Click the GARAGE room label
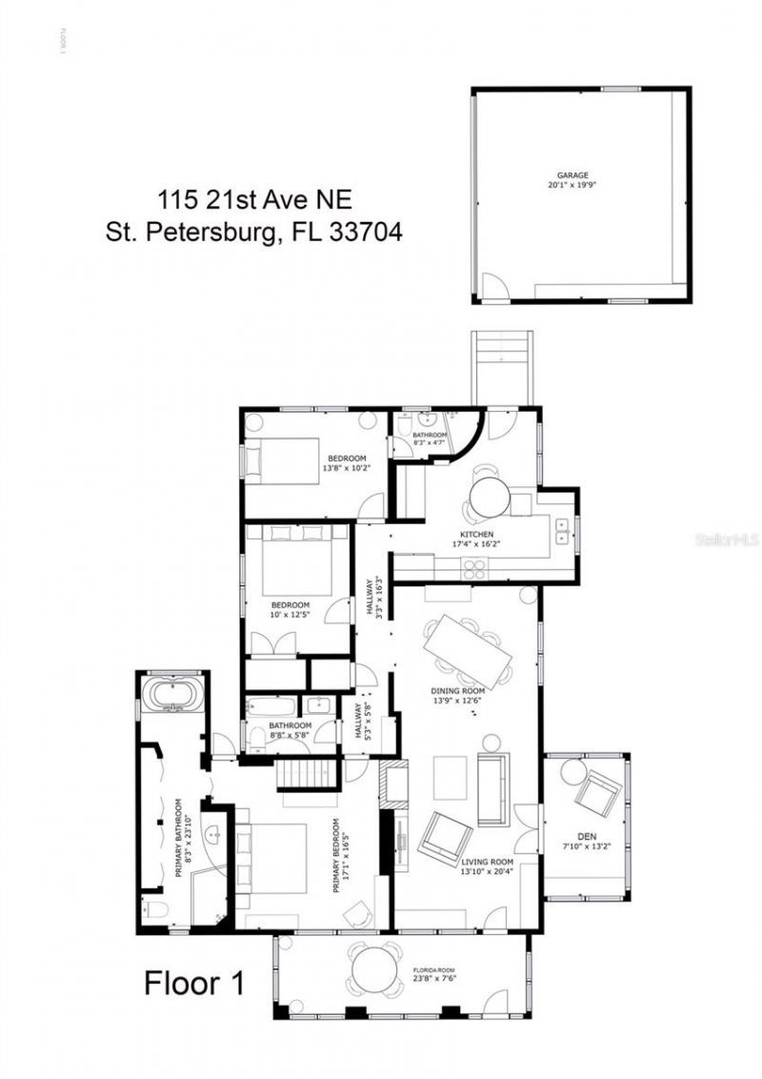[x=572, y=175]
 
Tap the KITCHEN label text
[x=476, y=535]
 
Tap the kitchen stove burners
[x=474, y=567]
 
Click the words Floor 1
[x=193, y=983]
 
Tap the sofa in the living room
[x=492, y=789]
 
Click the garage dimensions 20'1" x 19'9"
[x=572, y=186]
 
